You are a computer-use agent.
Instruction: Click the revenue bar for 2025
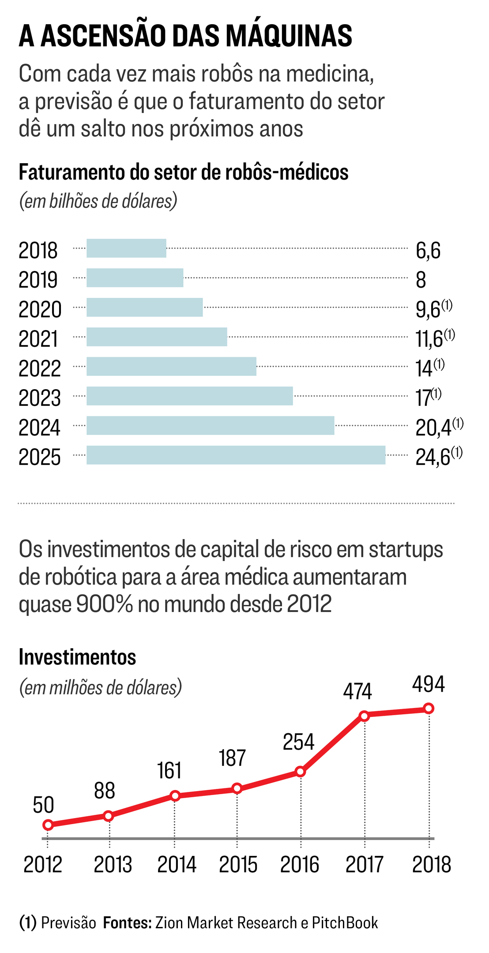tap(236, 455)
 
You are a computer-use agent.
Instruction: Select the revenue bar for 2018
tap(126, 248)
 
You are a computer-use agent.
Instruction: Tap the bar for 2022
tap(171, 367)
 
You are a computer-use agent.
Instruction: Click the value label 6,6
tap(428, 250)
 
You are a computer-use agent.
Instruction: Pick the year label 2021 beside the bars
tap(38, 339)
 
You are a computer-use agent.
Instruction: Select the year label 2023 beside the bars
tap(39, 398)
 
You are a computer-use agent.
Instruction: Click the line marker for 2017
tap(365, 716)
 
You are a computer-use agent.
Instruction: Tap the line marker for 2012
tap(48, 825)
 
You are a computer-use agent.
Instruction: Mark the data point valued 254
tap(300, 772)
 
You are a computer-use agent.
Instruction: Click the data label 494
tap(428, 684)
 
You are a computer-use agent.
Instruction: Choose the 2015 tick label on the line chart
tap(238, 864)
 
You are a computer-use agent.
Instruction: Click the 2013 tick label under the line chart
tap(113, 864)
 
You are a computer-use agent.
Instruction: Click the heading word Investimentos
tap(77, 657)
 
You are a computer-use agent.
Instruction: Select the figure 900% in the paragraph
tap(104, 604)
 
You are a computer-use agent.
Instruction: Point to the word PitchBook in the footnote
tap(345, 923)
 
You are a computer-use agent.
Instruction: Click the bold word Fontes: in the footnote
tap(127, 923)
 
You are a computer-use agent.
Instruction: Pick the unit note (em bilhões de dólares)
tap(98, 201)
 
